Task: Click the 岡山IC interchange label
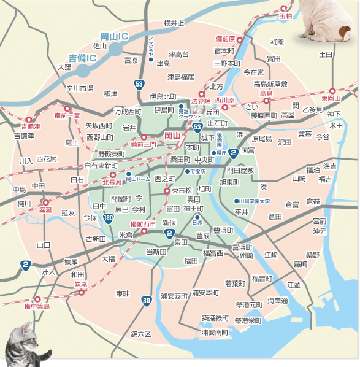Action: coord(115,37)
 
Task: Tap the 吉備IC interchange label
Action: coord(83,58)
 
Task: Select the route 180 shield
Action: coord(108,218)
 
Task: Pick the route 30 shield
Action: coord(145,300)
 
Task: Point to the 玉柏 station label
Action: coord(286,16)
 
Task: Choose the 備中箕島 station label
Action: coord(37,306)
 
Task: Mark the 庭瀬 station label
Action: coord(45,210)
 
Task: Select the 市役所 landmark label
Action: coord(198,170)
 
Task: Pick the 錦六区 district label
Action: coord(140,334)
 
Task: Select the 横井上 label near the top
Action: coord(174,23)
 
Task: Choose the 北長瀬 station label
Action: coord(112,182)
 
